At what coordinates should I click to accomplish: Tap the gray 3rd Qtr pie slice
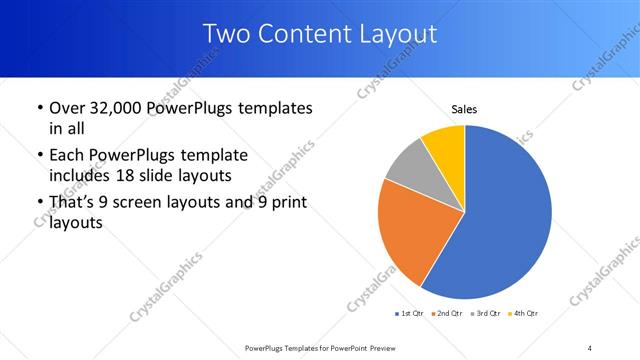point(407,164)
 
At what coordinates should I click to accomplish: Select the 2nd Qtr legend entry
point(445,314)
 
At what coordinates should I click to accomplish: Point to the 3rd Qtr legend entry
point(484,314)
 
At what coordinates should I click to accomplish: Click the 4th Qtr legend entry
point(523,314)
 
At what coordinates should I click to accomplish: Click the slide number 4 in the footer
point(590,347)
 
